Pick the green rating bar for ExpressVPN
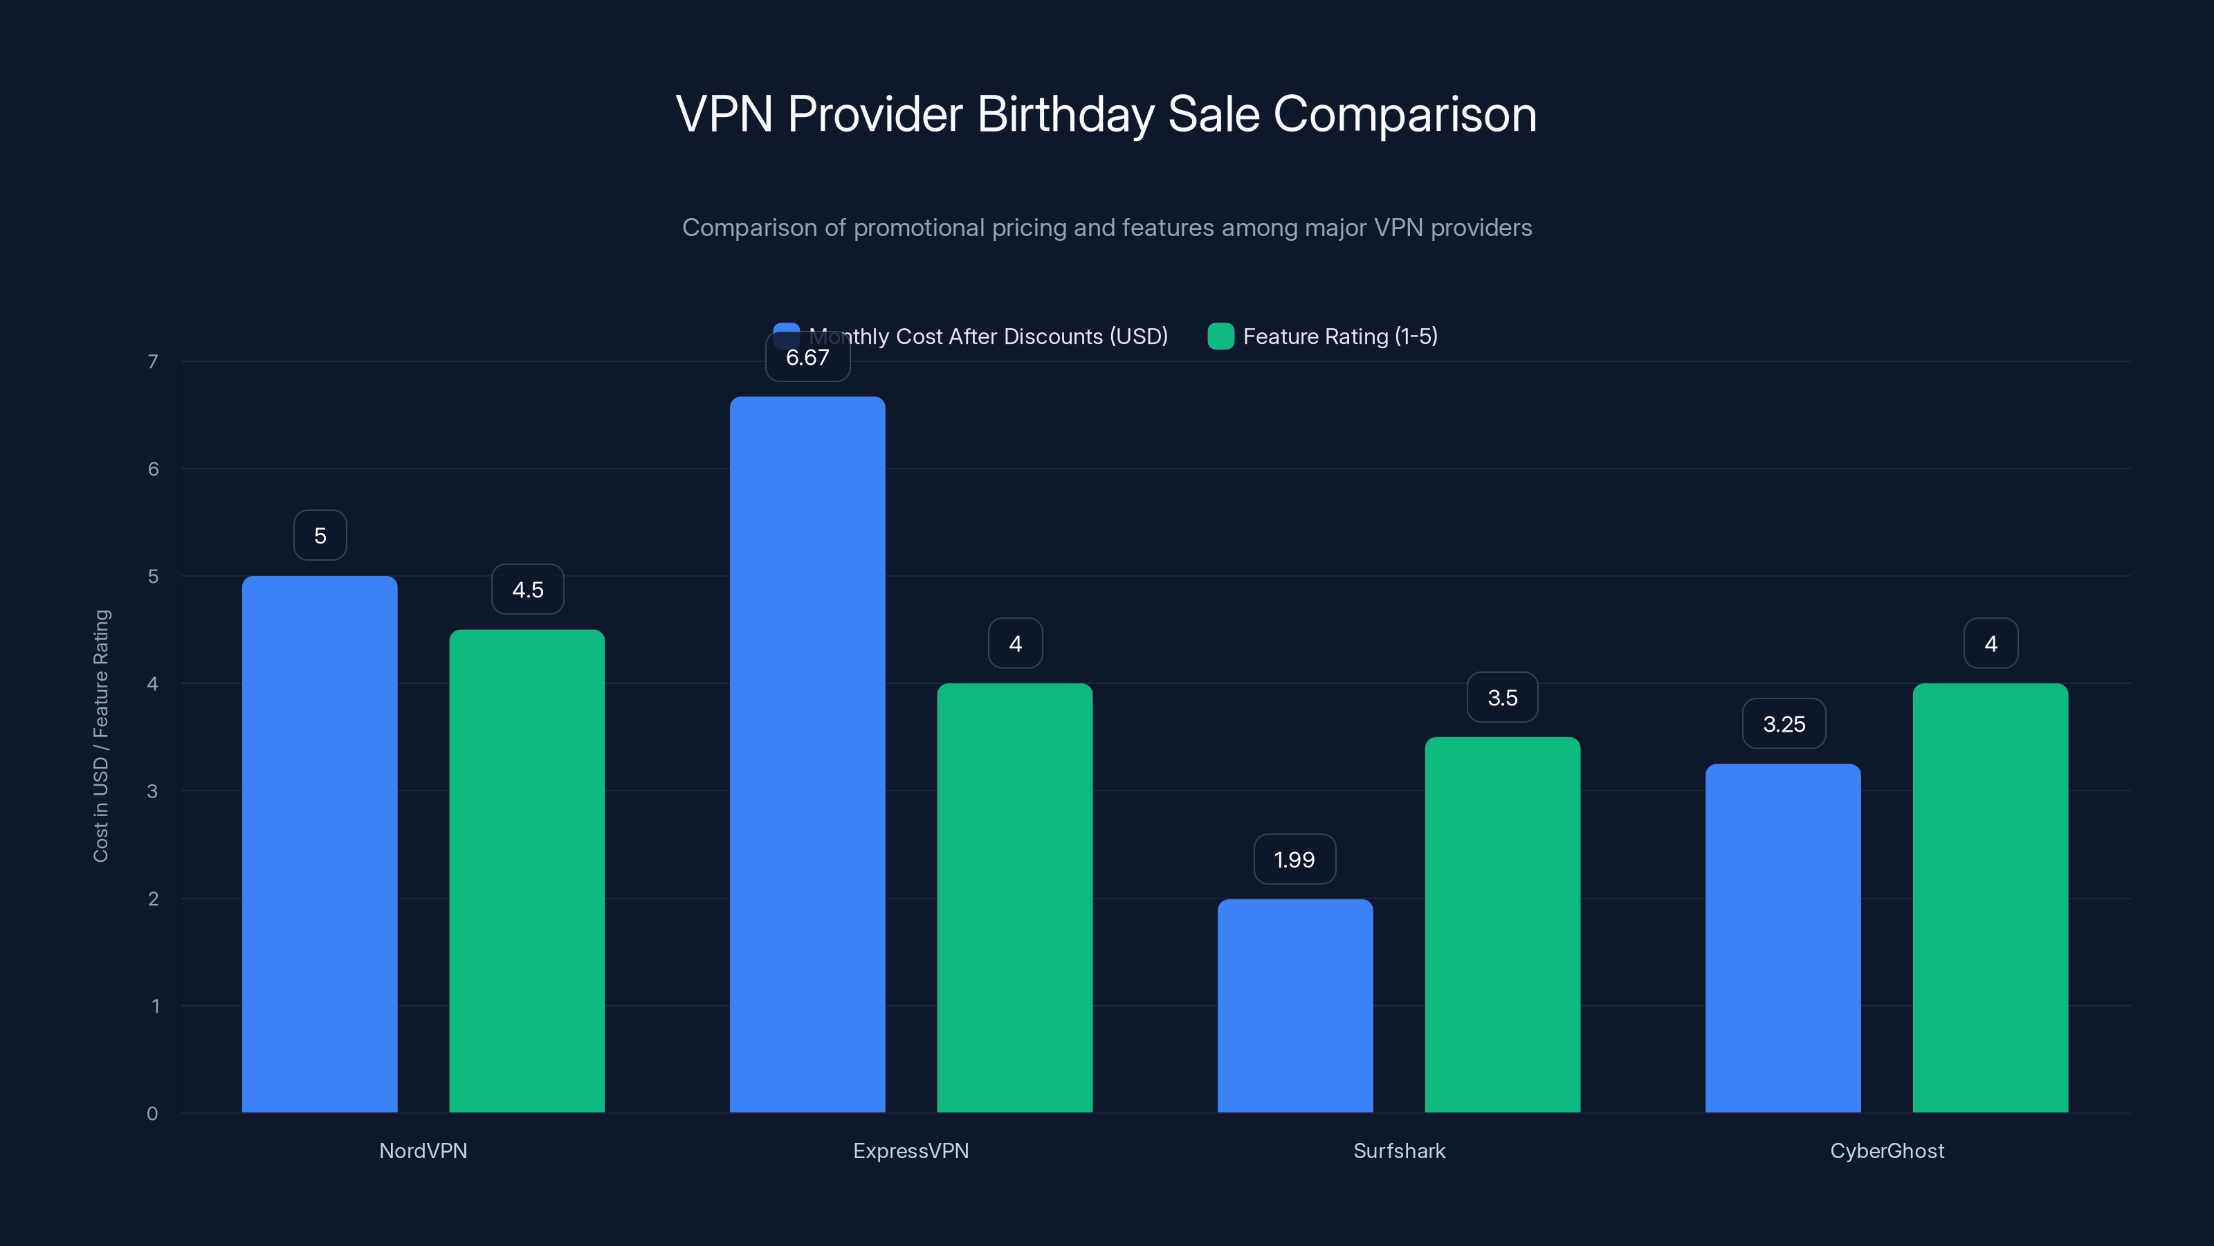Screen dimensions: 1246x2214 click(x=1014, y=898)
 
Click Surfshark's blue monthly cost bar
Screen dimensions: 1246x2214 click(x=1294, y=1005)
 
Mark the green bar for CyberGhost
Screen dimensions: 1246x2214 click(x=1990, y=898)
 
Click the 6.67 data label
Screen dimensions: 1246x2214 click(x=807, y=358)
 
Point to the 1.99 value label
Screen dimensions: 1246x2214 click(x=1294, y=859)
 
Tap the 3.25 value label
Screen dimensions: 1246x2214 click(x=1784, y=724)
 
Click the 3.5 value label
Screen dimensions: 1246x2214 click(x=1501, y=697)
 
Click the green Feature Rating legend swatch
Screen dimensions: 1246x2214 click(x=1220, y=336)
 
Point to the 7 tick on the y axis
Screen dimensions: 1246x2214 click(x=153, y=361)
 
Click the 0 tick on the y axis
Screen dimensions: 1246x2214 click(x=152, y=1114)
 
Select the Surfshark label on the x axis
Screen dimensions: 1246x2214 click(x=1398, y=1150)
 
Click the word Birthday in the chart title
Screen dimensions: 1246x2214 click(x=1065, y=114)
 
